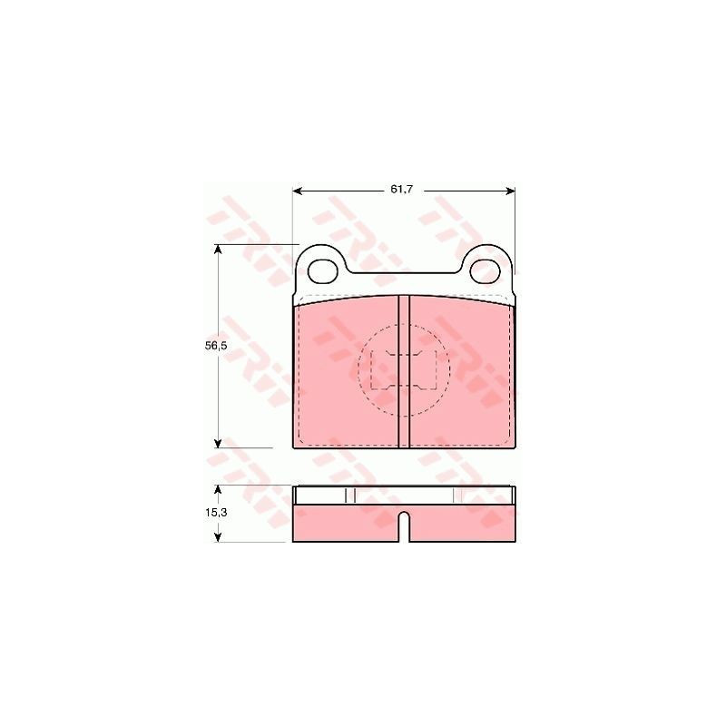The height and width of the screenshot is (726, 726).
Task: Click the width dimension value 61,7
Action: pos(401,190)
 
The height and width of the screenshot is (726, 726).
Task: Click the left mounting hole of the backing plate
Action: pos(323,270)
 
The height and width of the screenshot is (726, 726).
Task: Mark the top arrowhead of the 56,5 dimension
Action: pos(219,249)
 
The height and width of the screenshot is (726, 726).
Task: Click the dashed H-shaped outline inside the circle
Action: pos(404,370)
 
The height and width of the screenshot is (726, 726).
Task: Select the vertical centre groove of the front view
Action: pos(405,372)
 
